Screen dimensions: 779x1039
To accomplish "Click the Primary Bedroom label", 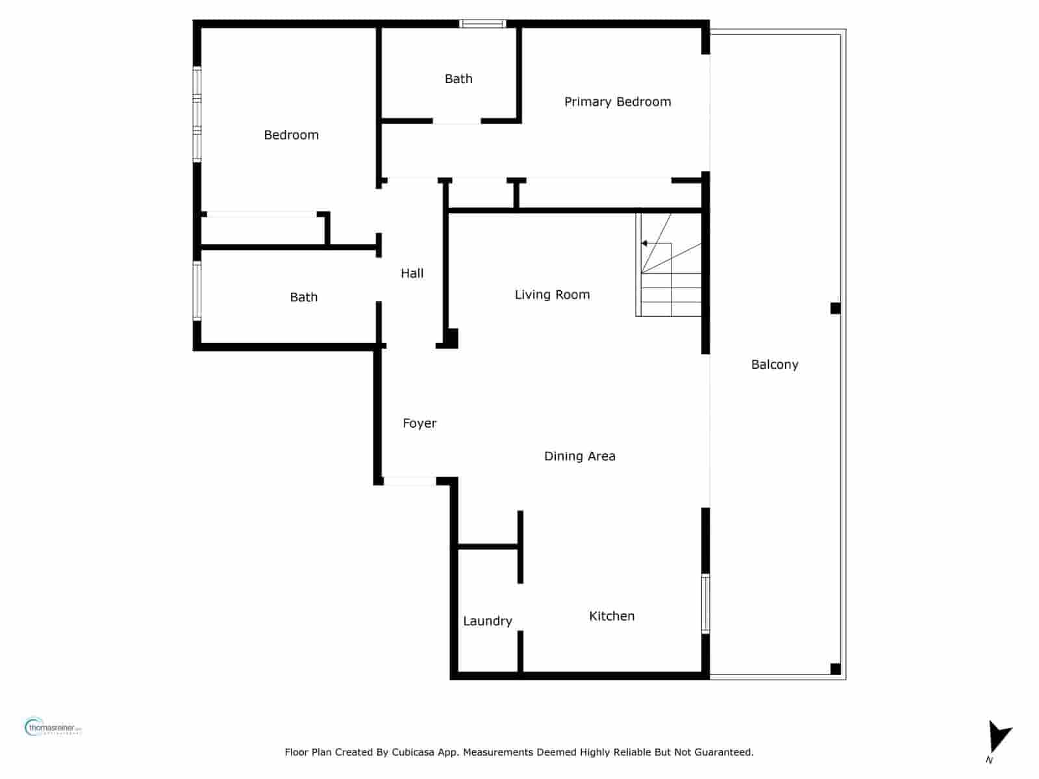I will (x=617, y=101).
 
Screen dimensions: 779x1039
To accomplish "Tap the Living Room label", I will (x=552, y=295).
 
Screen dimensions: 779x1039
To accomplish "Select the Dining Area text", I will (x=579, y=456).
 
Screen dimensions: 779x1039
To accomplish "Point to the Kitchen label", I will (x=611, y=616).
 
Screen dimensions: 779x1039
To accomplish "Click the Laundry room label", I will (x=487, y=621).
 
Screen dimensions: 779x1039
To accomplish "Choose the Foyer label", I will (x=419, y=423).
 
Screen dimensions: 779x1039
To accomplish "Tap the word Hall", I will (x=412, y=273).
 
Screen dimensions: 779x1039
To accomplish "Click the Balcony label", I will (x=774, y=364).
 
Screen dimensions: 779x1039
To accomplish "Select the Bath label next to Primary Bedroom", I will (x=458, y=79).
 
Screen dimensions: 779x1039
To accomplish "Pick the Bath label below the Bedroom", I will (x=303, y=297).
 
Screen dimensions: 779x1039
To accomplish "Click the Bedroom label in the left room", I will (x=291, y=135).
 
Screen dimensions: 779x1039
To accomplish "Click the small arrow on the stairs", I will (x=644, y=243).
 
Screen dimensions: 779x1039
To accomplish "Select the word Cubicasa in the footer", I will (x=413, y=752).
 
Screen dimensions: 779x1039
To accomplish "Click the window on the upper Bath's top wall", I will (x=482, y=24).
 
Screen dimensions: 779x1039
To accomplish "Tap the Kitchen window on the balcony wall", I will (x=705, y=603).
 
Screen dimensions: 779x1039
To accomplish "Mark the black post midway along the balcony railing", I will (x=835, y=308).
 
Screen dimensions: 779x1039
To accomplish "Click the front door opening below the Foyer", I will (x=410, y=481).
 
